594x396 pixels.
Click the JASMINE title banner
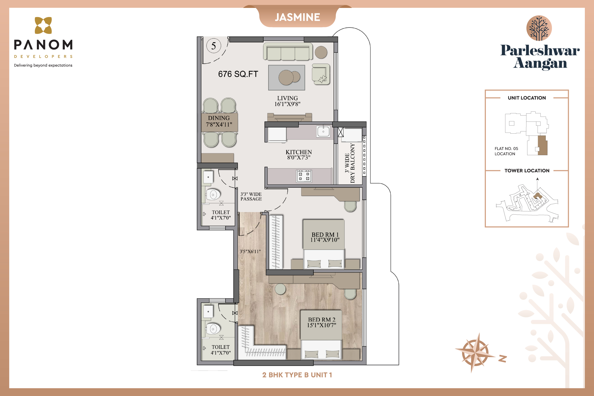[297, 17]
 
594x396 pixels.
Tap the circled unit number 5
[214, 46]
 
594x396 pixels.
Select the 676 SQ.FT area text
[238, 74]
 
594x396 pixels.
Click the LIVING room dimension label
[287, 101]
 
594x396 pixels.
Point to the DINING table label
[219, 121]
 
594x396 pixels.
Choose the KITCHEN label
[299, 154]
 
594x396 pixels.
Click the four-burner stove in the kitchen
[304, 176]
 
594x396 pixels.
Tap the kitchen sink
[323, 132]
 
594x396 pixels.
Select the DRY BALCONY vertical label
[350, 163]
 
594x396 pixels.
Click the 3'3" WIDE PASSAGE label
[251, 197]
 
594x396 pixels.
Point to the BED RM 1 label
[325, 237]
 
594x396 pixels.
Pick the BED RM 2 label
[322, 322]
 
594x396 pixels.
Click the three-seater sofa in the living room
[288, 51]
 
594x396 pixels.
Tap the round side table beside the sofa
[321, 52]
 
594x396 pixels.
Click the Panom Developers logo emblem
[43, 25]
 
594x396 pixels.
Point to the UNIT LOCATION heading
[527, 98]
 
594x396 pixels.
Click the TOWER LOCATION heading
[527, 171]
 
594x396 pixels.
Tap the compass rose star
[475, 352]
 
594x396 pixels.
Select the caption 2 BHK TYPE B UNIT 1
[297, 375]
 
